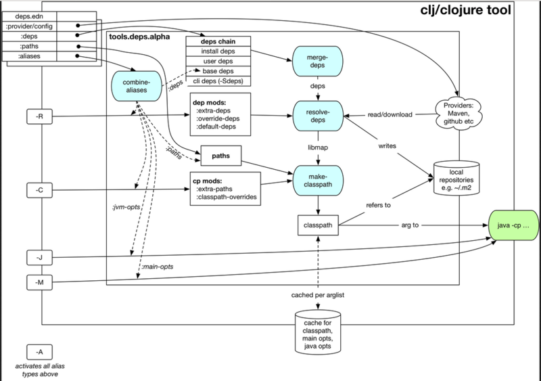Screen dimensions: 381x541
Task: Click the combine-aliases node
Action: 137,89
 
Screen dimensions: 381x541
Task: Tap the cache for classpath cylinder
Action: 317,332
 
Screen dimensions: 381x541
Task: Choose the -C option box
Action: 39,189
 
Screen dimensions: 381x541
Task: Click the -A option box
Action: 39,351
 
